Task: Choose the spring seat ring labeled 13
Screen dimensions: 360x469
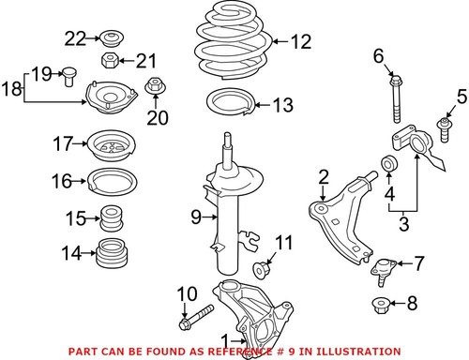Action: (224, 103)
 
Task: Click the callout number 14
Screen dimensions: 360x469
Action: (65, 252)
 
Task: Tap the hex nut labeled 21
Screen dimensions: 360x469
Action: (108, 63)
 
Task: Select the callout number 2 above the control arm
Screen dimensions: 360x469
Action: (323, 175)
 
